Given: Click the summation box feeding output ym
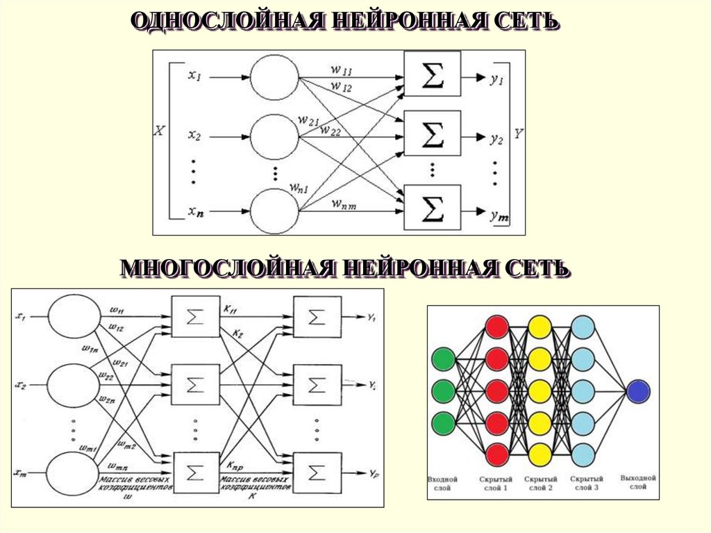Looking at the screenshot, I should pyautogui.click(x=432, y=207).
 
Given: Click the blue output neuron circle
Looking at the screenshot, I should pyautogui.click(x=638, y=391).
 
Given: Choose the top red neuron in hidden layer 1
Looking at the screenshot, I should pyautogui.click(x=497, y=327).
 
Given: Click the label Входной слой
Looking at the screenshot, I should pyautogui.click(x=443, y=484).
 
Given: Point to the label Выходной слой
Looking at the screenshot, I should pyautogui.click(x=638, y=484).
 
